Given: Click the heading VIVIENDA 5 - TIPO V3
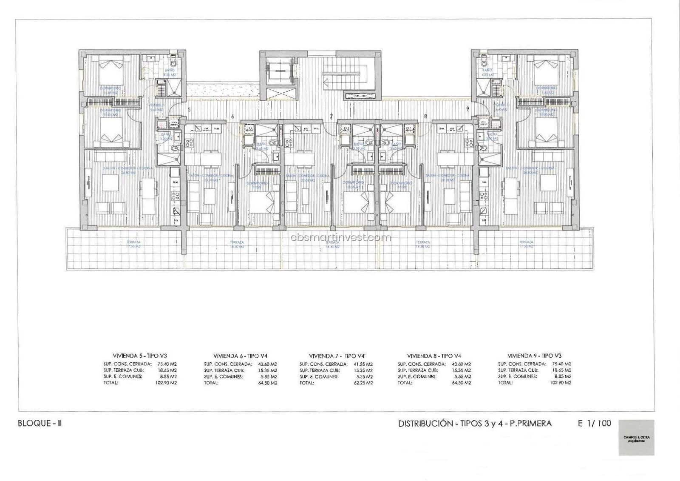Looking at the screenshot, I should pyautogui.click(x=140, y=356).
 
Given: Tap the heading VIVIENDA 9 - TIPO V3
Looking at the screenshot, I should pyautogui.click(x=534, y=356).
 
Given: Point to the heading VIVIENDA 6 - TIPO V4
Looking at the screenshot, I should pyautogui.click(x=240, y=356).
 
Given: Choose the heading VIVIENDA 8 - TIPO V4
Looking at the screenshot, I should pyautogui.click(x=434, y=356).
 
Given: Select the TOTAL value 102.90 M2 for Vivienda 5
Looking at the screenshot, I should pyautogui.click(x=167, y=383).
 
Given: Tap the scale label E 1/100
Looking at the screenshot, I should pyautogui.click(x=594, y=423).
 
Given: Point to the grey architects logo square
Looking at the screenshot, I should pyautogui.click(x=636, y=438).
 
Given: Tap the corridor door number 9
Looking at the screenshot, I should pyautogui.click(x=467, y=108).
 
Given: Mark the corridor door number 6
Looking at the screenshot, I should pyautogui.click(x=232, y=116).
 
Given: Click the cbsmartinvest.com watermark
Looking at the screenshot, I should pyautogui.click(x=341, y=237).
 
